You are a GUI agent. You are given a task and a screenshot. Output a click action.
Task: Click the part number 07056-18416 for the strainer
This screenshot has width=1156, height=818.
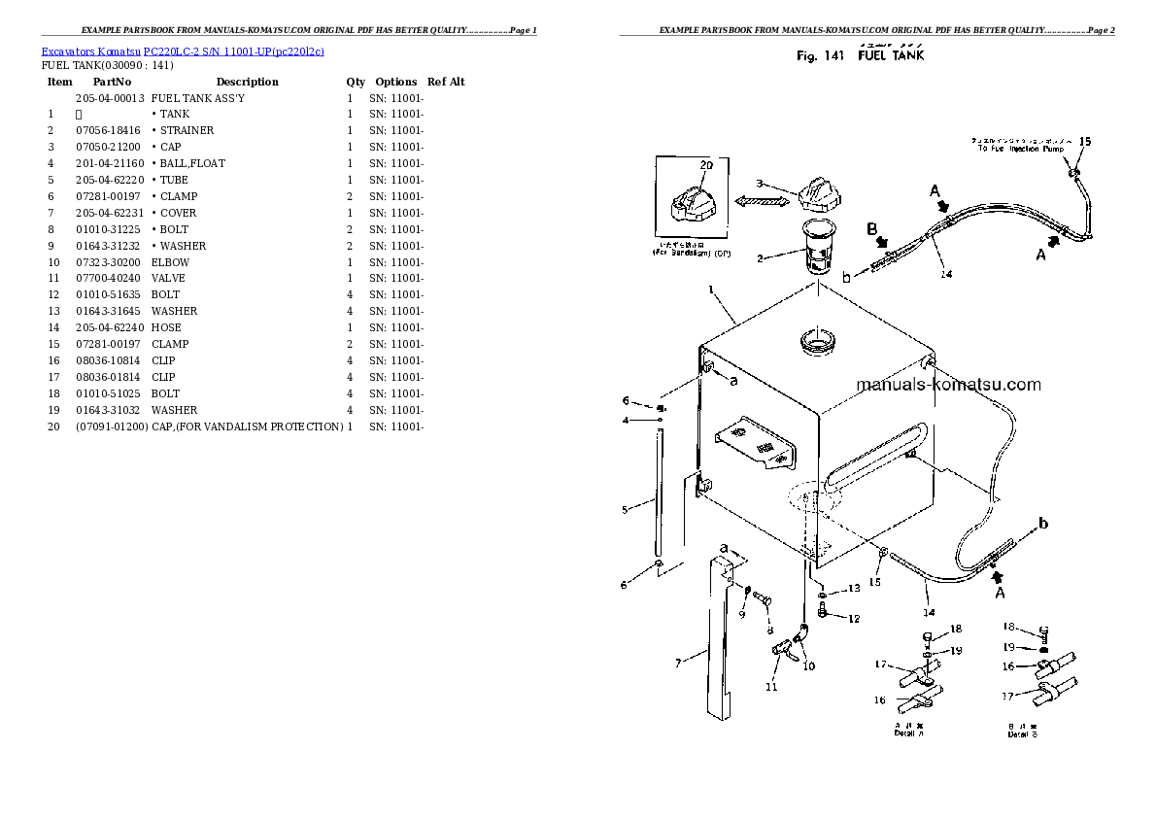click(107, 130)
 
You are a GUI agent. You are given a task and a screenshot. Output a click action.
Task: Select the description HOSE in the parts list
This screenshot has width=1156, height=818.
click(166, 327)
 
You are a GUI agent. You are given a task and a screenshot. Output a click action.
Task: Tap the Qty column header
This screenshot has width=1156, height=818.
click(356, 82)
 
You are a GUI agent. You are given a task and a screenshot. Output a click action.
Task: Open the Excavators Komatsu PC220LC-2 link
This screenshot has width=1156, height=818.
click(183, 50)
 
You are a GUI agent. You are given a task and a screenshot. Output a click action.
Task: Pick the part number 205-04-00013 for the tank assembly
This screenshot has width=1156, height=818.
click(110, 98)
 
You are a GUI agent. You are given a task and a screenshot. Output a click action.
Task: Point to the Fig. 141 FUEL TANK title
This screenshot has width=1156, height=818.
click(860, 56)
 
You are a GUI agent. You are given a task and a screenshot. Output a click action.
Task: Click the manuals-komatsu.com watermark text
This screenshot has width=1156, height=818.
click(948, 385)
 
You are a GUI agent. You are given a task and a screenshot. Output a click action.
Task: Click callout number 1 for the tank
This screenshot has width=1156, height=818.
click(711, 290)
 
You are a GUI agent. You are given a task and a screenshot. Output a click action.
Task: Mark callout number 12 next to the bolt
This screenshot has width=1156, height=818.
click(853, 618)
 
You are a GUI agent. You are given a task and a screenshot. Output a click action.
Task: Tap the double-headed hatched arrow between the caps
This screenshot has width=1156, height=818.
click(759, 201)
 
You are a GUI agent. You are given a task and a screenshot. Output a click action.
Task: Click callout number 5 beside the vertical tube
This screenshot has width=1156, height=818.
click(625, 507)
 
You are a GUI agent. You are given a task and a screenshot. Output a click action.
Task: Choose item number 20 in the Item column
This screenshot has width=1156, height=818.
click(53, 426)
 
